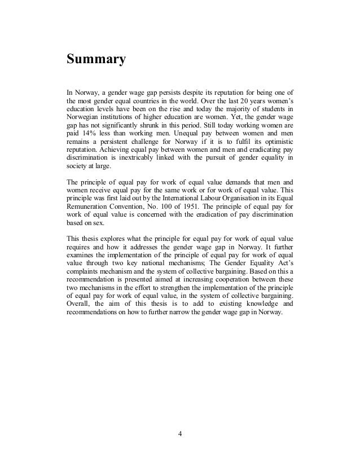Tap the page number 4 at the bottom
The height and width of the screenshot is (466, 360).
(x=180, y=435)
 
